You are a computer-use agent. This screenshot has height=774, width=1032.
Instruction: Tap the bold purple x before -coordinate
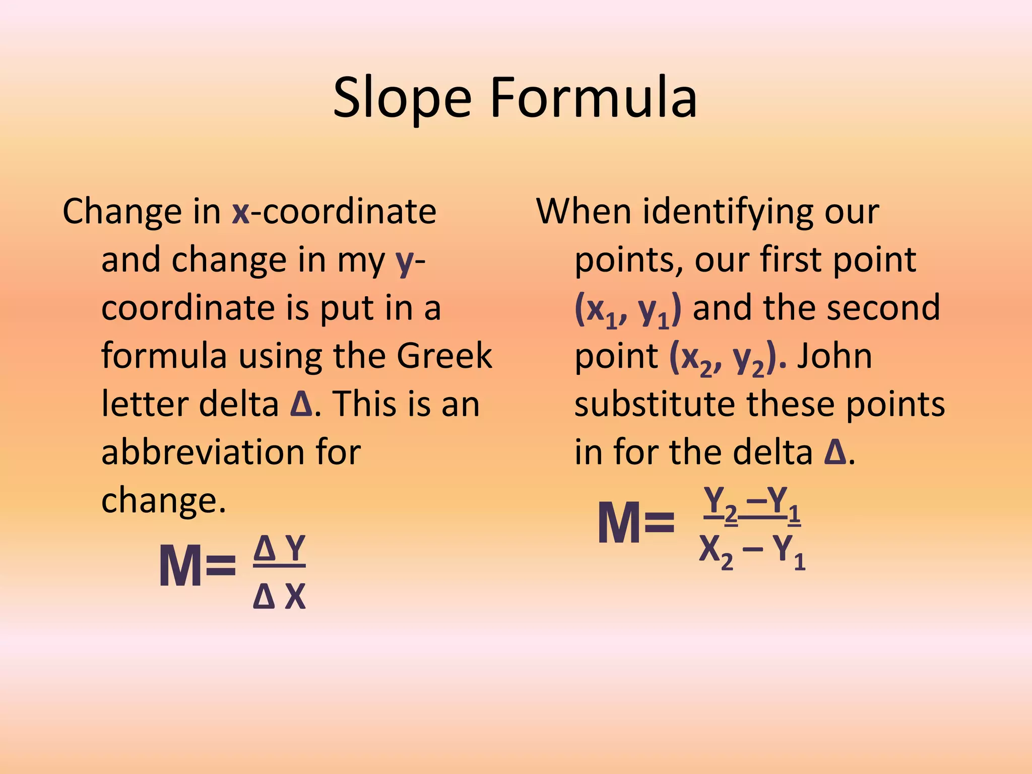[x=241, y=212]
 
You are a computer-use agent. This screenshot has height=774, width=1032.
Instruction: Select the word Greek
[x=444, y=356]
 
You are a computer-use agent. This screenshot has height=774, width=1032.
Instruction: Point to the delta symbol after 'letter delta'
[x=302, y=404]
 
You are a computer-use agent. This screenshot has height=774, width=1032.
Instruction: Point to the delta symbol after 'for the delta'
[x=835, y=453]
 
